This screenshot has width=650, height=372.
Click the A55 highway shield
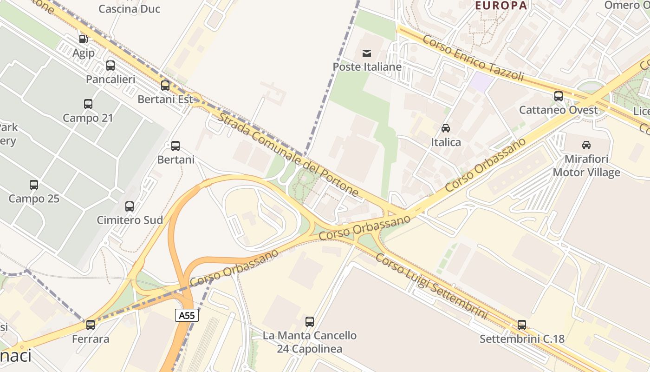tap(187, 315)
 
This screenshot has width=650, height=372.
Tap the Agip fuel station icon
tap(83, 39)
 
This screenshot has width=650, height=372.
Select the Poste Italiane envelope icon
tap(367, 53)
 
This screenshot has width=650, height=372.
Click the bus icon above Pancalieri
tap(110, 66)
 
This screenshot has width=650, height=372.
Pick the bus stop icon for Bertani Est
tap(165, 86)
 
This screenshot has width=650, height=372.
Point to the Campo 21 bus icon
tap(88, 104)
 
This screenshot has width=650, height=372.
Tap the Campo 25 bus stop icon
tap(34, 185)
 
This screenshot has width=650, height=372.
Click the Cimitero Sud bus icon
tap(130, 206)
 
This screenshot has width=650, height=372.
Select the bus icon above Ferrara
tap(91, 325)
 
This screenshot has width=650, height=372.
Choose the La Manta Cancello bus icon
tap(310, 321)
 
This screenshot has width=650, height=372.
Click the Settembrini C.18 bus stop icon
tap(522, 325)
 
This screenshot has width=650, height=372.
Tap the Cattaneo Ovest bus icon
tap(559, 96)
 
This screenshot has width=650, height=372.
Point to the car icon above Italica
tap(446, 128)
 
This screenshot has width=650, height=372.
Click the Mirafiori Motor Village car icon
tap(586, 145)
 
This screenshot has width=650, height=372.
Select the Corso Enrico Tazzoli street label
tap(473, 59)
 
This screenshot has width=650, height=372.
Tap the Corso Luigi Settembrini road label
tap(431, 286)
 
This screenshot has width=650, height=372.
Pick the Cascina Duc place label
tap(130, 9)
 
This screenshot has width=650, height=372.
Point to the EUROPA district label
tap(501, 6)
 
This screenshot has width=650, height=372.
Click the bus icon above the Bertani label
tap(175, 146)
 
